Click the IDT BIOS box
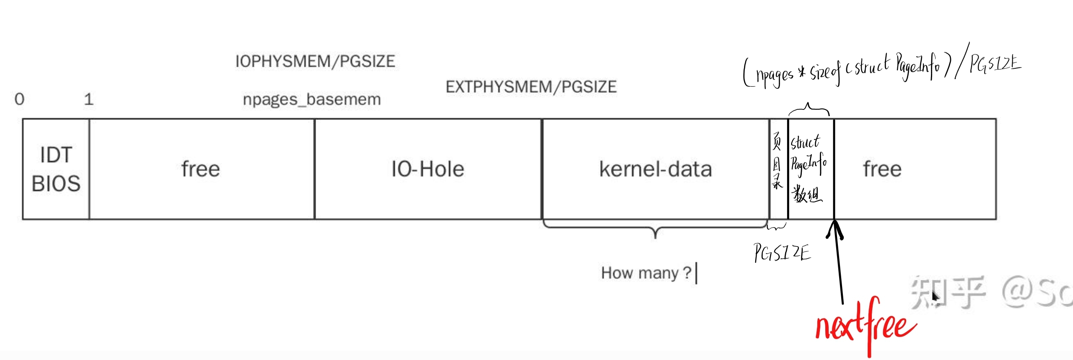[56, 169]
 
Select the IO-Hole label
[428, 169]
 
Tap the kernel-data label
[656, 169]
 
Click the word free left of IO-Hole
[200, 169]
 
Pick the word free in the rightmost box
[882, 169]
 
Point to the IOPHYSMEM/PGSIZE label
[315, 62]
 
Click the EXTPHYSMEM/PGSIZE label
[531, 87]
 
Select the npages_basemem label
[312, 100]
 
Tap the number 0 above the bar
[19, 99]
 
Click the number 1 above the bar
[88, 99]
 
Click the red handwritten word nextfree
[865, 327]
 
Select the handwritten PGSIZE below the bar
[782, 253]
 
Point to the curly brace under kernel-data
[656, 230]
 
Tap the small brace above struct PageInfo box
[809, 109]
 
